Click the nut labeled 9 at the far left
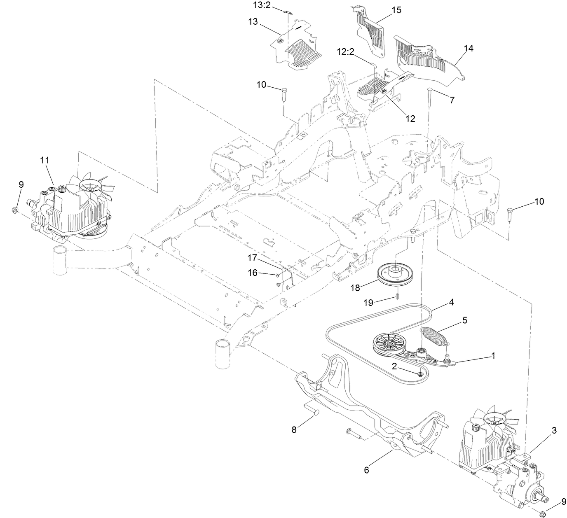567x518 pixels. (x=14, y=210)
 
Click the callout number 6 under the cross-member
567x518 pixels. (x=366, y=470)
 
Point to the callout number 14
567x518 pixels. (x=468, y=48)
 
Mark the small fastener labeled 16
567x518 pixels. (x=278, y=275)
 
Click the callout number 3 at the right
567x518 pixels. (x=554, y=431)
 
